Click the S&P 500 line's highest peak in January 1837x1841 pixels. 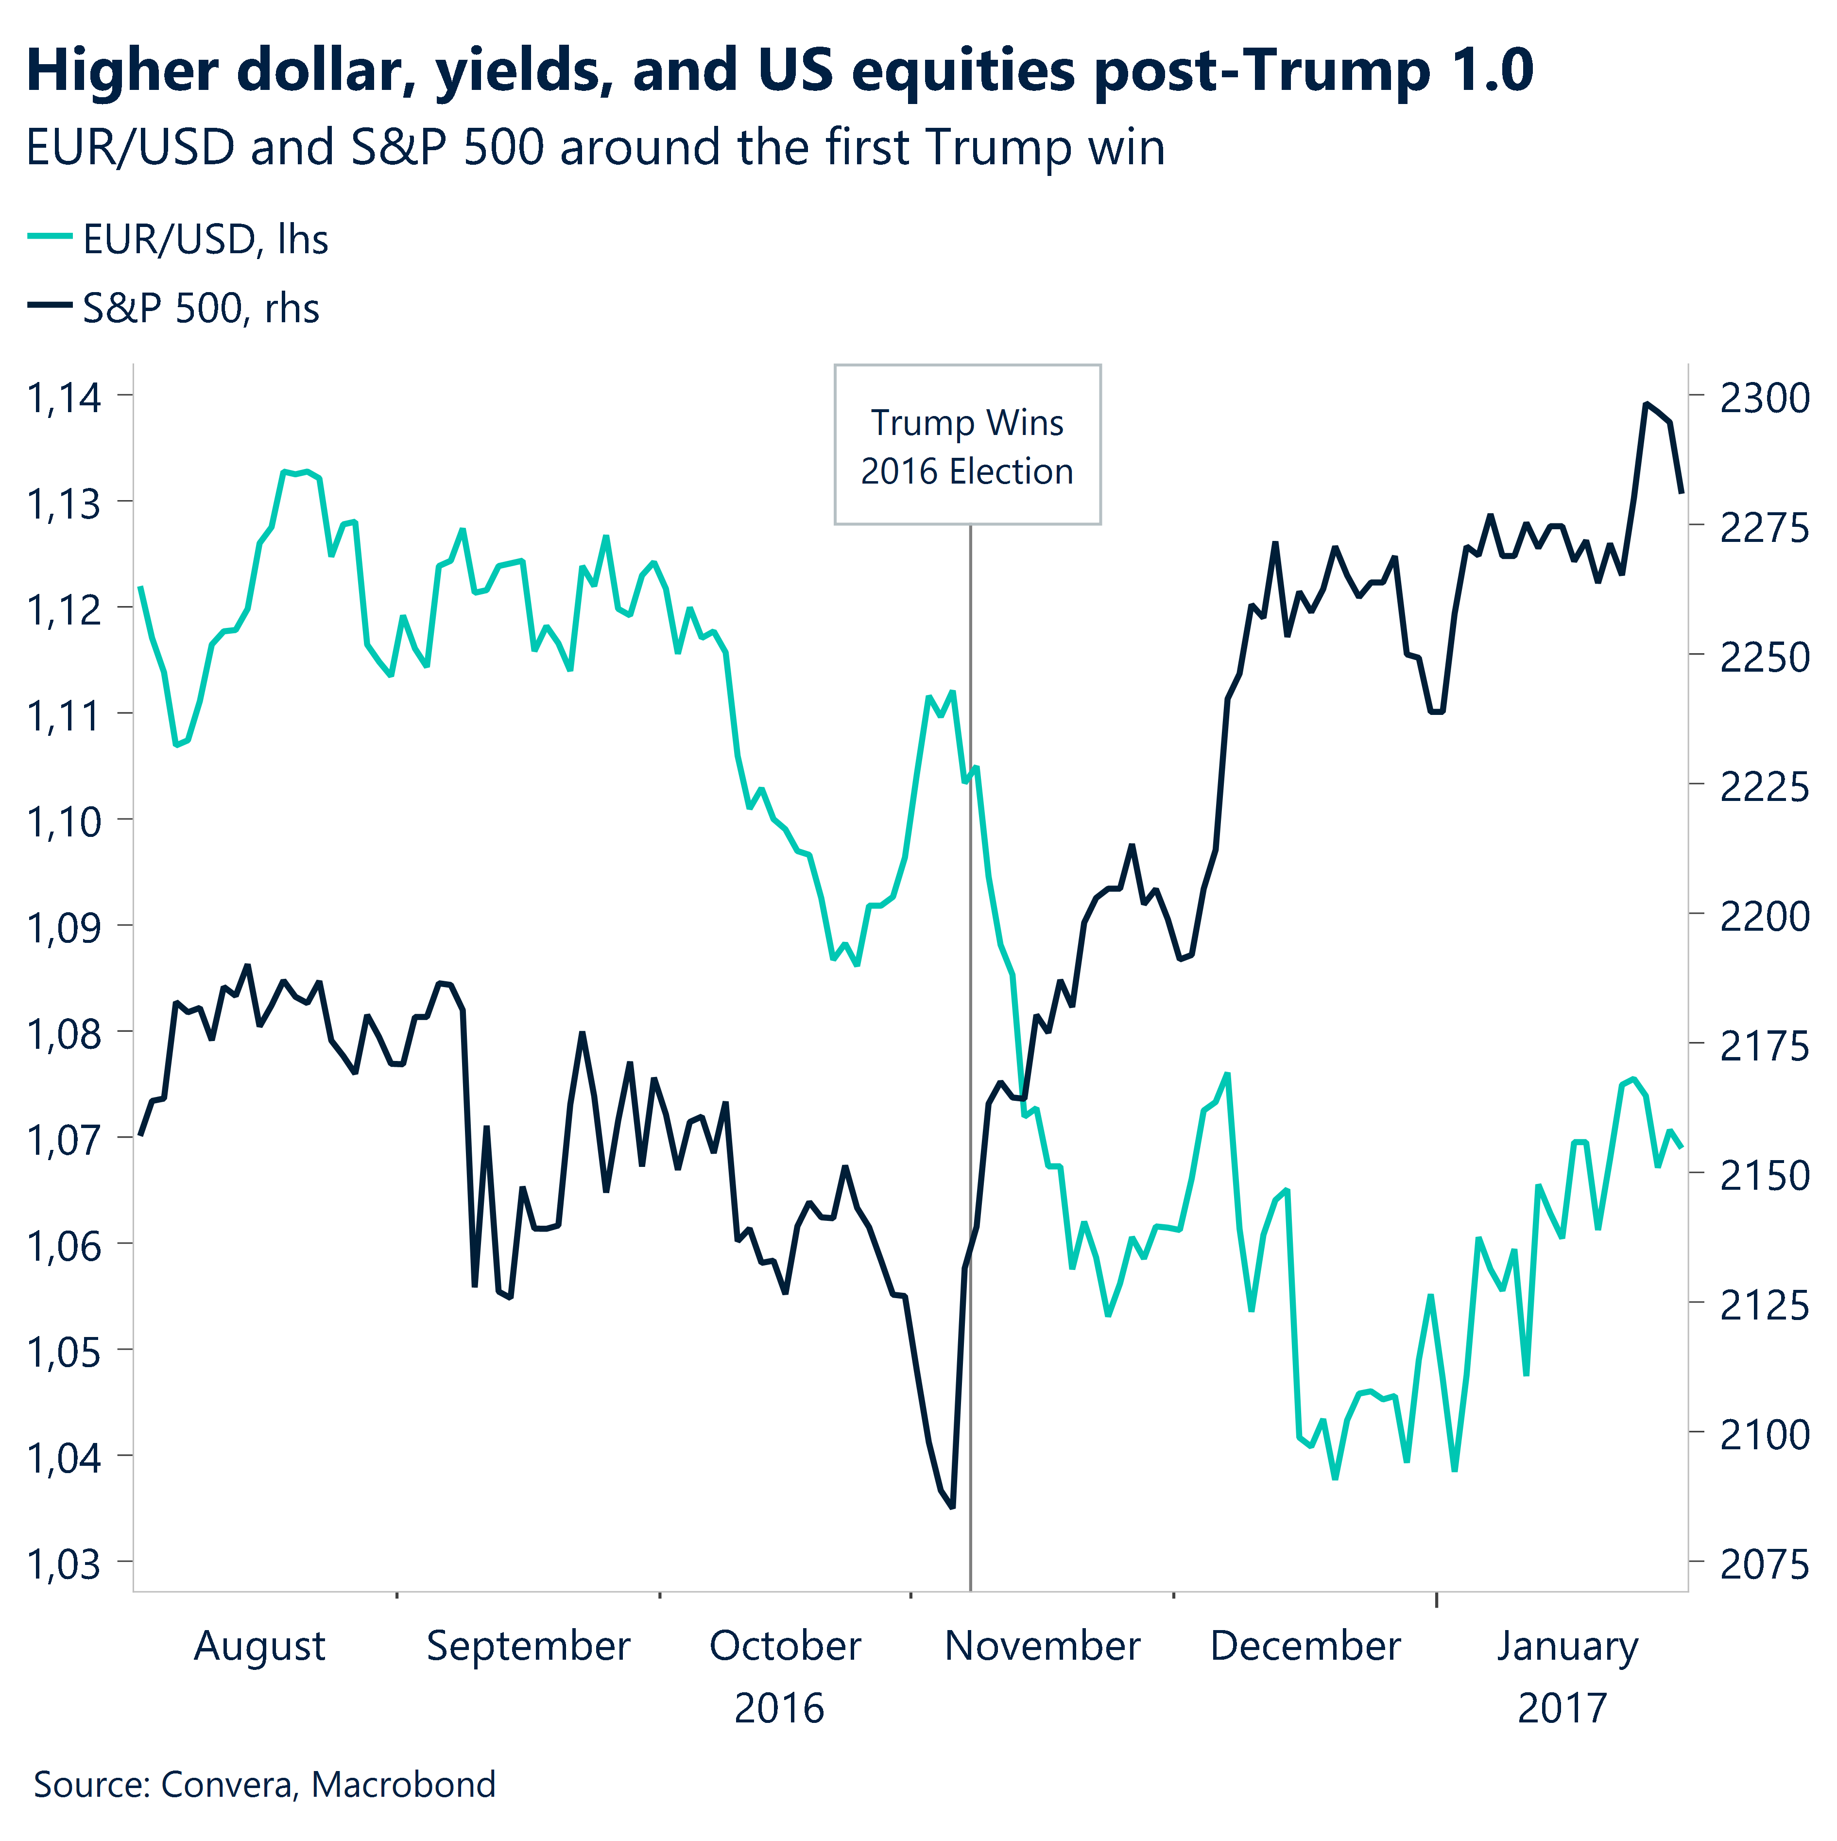tap(1646, 404)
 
